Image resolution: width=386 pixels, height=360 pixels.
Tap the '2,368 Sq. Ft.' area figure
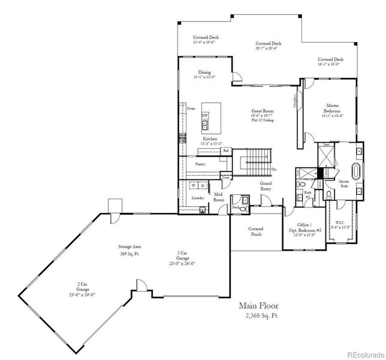click(262, 314)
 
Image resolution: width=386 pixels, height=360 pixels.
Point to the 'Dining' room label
click(204, 73)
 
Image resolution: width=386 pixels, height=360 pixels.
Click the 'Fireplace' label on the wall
click(294, 100)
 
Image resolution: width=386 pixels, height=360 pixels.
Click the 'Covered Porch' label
click(256, 231)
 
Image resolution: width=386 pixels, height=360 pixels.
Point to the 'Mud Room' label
click(218, 197)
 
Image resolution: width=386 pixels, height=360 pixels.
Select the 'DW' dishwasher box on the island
click(205, 117)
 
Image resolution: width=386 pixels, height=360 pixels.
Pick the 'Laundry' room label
click(197, 198)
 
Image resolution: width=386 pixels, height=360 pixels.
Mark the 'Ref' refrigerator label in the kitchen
click(226, 151)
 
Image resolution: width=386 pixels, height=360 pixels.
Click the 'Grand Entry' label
click(266, 186)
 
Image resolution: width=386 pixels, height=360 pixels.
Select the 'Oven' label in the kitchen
click(191, 109)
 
